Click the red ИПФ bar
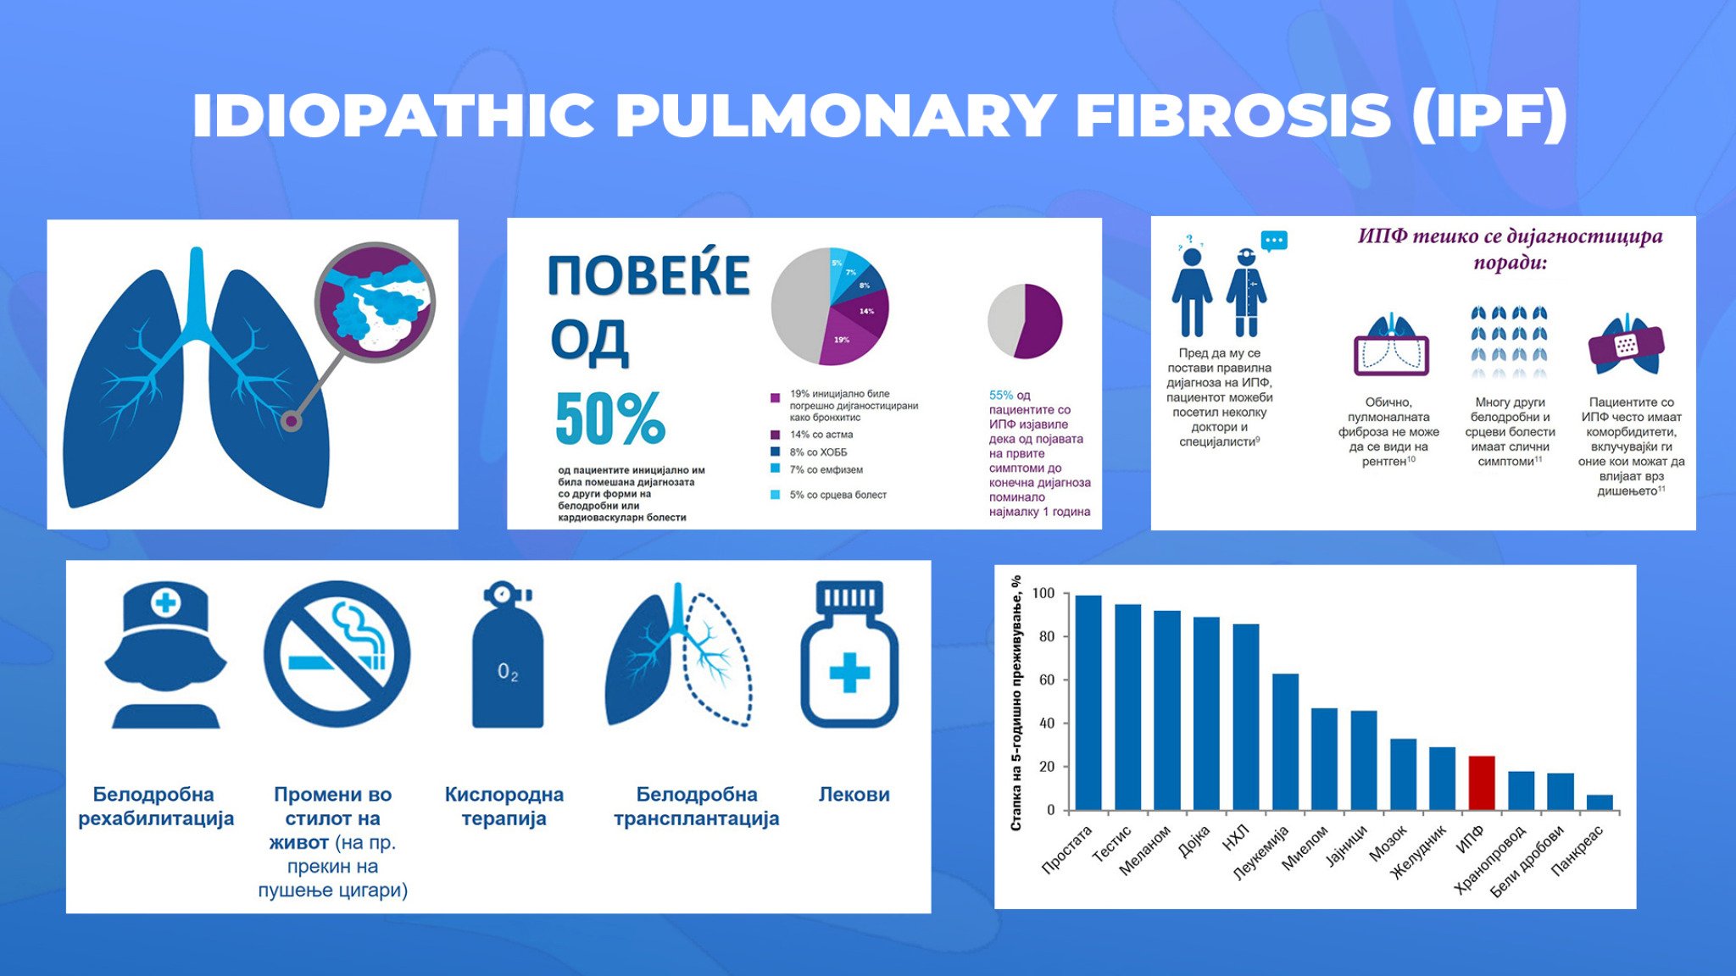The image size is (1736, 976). [x=1481, y=783]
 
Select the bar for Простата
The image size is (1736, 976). [x=1088, y=702]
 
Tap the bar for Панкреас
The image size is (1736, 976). [x=1600, y=802]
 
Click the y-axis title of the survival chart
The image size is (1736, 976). [x=1016, y=702]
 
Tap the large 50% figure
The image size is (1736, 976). [x=610, y=418]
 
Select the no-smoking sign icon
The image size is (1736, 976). [x=337, y=653]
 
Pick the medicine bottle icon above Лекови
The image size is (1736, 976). [x=849, y=654]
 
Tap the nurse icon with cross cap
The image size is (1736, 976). [x=165, y=655]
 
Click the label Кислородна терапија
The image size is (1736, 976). [x=504, y=807]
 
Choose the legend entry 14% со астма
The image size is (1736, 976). [x=812, y=435]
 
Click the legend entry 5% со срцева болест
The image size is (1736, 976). [x=828, y=495]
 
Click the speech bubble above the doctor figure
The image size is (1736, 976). [x=1274, y=241]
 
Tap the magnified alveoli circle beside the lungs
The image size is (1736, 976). [x=375, y=302]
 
